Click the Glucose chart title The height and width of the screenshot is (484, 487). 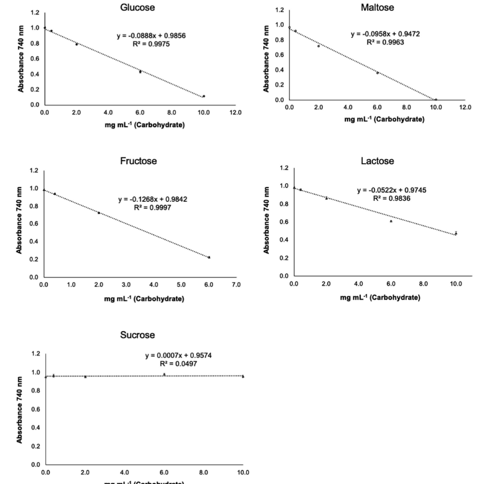coord(137,7)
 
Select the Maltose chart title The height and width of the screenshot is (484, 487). coord(377,7)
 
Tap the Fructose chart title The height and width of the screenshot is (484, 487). coord(138,161)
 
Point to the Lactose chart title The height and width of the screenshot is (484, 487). coord(377,161)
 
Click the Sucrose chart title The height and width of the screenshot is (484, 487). coord(137,335)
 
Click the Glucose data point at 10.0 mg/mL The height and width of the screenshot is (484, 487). coord(204,96)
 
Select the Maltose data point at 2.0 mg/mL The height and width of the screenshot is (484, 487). coord(318,46)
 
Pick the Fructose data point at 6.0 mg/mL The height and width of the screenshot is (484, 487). coord(209,257)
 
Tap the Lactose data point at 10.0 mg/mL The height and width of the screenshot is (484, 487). coord(456,233)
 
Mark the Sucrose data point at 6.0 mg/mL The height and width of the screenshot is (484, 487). coord(164,375)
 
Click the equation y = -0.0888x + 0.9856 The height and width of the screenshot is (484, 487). coord(151,36)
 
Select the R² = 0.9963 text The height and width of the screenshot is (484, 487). coord(385,42)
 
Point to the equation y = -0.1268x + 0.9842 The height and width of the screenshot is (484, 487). coord(153,199)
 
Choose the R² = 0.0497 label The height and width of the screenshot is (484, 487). coord(179,364)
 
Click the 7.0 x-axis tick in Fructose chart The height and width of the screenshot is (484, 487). coord(236,285)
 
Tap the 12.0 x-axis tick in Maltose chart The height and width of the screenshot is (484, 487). coord(465,107)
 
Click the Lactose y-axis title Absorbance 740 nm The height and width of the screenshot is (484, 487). coord(266,220)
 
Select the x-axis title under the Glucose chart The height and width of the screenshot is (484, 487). coord(145,125)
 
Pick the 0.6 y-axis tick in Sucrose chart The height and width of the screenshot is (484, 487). coord(35,409)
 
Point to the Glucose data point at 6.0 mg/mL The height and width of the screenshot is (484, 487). coord(140,72)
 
